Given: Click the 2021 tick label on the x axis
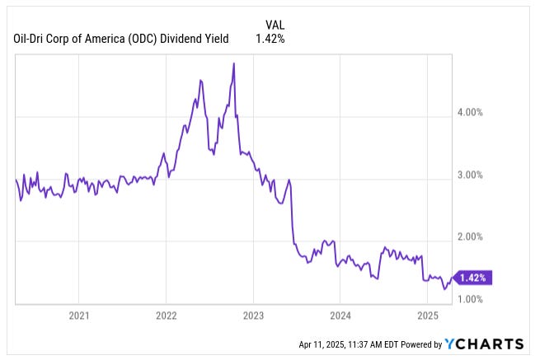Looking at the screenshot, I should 79,315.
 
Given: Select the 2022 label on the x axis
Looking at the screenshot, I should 167,315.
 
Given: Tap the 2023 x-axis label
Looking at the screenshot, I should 254,315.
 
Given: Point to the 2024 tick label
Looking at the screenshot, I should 340,315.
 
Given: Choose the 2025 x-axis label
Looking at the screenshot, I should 428,315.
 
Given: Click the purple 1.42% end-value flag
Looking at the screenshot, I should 473,278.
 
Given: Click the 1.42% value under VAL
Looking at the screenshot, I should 270,39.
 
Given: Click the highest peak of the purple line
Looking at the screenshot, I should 234,63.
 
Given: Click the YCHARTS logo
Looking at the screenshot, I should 484,344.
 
